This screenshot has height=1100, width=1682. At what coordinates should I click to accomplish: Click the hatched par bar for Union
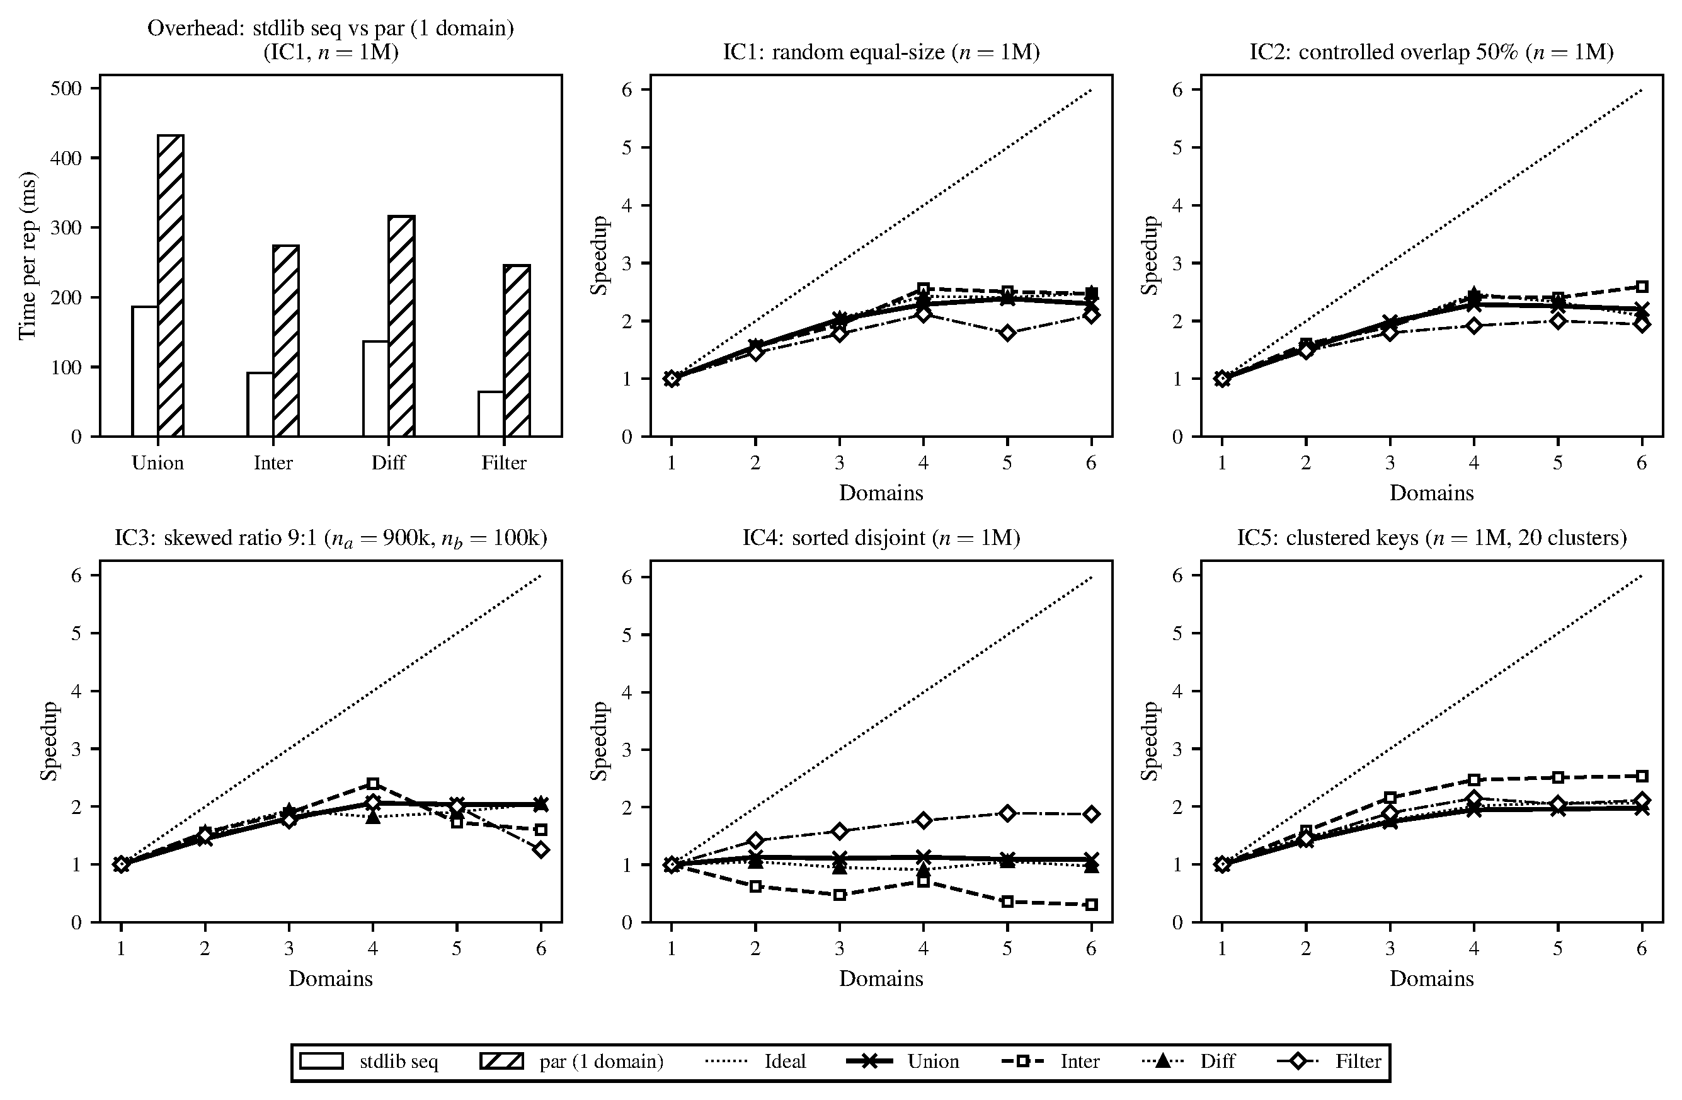coord(170,285)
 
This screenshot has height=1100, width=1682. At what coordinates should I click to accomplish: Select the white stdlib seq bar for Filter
coord(491,415)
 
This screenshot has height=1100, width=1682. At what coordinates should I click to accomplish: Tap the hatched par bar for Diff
coord(401,326)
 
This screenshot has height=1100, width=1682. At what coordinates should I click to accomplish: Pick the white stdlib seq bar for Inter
coord(260,404)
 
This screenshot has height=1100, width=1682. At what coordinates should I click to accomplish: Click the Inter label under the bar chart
coord(273,463)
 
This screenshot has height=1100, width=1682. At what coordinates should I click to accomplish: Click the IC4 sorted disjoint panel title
coord(881,538)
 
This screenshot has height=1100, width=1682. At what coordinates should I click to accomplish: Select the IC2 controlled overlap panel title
coord(1431,52)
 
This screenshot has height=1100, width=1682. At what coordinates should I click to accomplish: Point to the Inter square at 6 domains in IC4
coord(1091,905)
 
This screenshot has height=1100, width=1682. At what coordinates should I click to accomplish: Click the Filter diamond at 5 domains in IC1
coord(1007,333)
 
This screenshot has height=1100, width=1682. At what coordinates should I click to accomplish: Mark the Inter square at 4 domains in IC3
coord(373,783)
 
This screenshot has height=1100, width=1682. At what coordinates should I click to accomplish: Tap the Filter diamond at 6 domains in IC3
coord(541,850)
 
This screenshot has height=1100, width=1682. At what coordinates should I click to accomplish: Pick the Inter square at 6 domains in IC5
coord(1642,776)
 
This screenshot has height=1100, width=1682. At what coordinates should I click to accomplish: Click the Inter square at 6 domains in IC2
coord(1642,286)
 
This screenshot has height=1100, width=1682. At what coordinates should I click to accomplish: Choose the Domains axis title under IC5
coord(1431,978)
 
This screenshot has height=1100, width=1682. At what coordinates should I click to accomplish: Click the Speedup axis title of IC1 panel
coord(599,255)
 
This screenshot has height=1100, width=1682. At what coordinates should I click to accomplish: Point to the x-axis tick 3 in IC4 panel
coord(839,948)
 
